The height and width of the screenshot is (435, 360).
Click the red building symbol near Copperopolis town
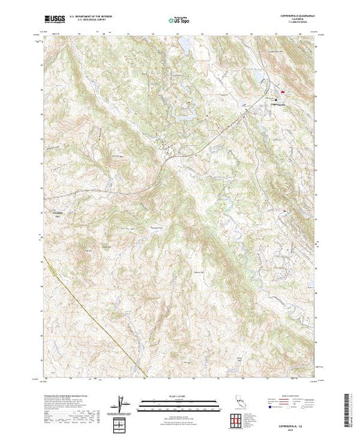[283, 92]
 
